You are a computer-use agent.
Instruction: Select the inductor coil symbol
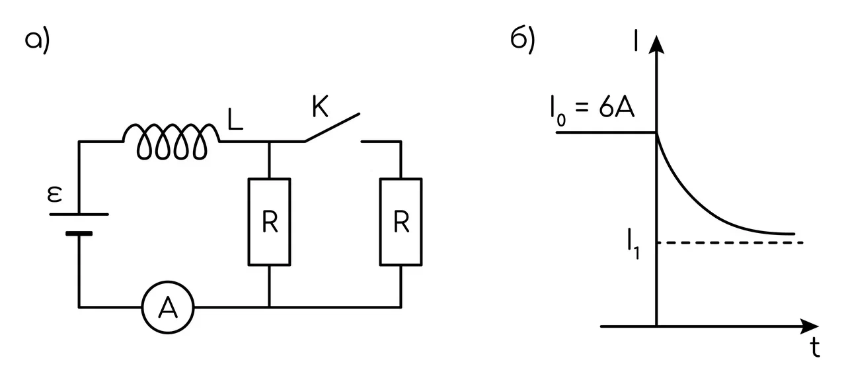click(171, 141)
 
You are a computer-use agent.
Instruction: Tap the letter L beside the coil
click(235, 120)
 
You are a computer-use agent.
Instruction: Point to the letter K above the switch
click(321, 107)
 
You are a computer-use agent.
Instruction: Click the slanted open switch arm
click(332, 128)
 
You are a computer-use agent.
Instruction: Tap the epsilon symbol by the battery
click(54, 195)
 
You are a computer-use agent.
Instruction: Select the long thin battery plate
click(79, 215)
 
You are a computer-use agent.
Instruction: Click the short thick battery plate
click(79, 234)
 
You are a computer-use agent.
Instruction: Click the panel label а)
click(37, 40)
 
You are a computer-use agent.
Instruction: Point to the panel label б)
click(523, 40)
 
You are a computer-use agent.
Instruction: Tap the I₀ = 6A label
click(592, 111)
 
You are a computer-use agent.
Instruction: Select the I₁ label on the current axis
click(633, 244)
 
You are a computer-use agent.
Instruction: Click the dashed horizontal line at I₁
click(730, 242)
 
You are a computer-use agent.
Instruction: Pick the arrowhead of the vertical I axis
click(656, 44)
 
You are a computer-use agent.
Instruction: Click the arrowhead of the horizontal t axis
click(809, 326)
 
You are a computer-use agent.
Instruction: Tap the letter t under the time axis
click(815, 348)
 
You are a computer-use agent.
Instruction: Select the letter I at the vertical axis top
click(636, 40)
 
